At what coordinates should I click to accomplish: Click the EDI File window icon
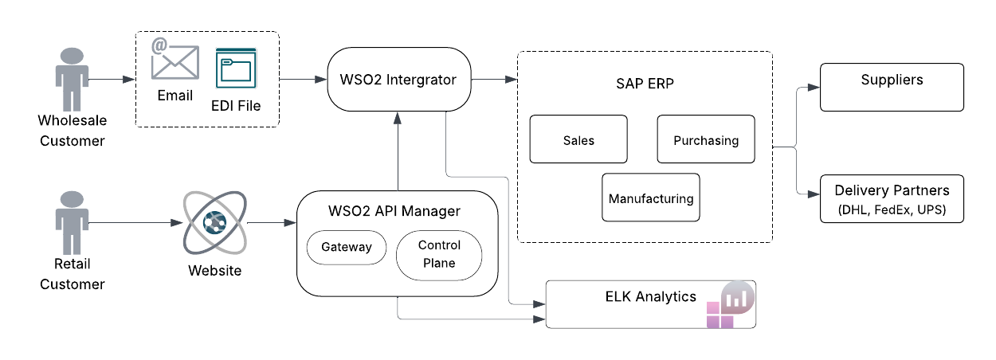click(x=236, y=69)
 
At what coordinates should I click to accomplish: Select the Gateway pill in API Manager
click(x=347, y=247)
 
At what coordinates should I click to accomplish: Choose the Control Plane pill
click(x=439, y=255)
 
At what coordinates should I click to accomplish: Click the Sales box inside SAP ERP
click(x=578, y=140)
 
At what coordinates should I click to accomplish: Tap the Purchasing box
click(x=706, y=140)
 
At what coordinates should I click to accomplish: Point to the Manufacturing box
click(x=651, y=198)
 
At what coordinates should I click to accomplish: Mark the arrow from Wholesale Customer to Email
click(x=112, y=80)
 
